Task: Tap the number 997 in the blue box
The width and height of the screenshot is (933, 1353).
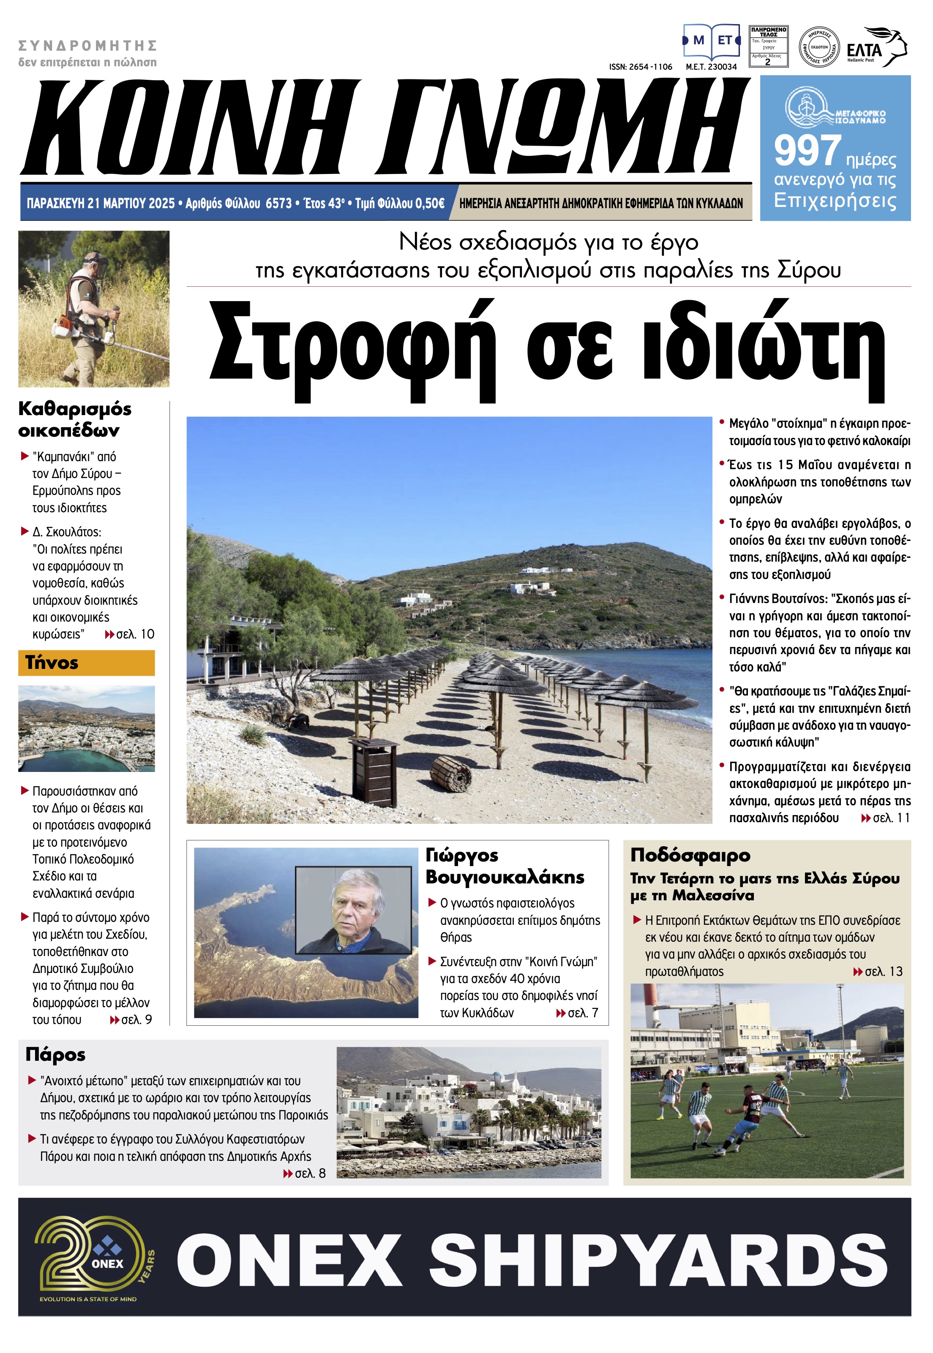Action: (x=808, y=151)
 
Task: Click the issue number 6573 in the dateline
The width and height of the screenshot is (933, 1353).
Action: (x=278, y=203)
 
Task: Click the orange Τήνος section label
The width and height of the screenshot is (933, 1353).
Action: (x=86, y=663)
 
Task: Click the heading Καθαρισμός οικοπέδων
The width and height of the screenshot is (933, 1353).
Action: (x=75, y=419)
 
